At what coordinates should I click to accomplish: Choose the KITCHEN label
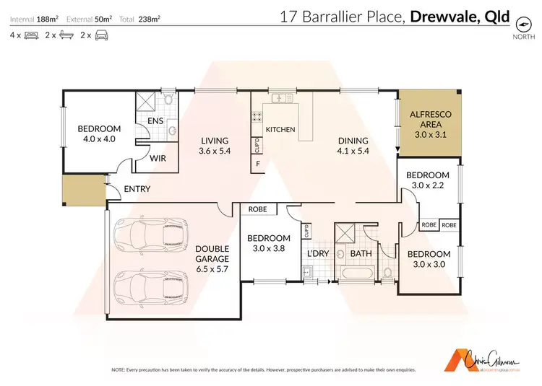[x=280, y=129]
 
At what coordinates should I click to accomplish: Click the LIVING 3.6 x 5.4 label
[x=215, y=146]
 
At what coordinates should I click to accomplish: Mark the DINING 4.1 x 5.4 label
[x=353, y=146]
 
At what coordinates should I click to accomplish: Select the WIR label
[x=158, y=159]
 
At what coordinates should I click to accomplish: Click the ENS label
[x=155, y=122]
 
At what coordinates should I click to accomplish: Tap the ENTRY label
[x=137, y=189]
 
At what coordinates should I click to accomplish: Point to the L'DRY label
[x=318, y=255]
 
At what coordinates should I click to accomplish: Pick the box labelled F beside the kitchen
[x=257, y=165]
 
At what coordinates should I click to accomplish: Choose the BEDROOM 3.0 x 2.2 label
[x=427, y=180]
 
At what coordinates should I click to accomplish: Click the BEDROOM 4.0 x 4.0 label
[x=98, y=135]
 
